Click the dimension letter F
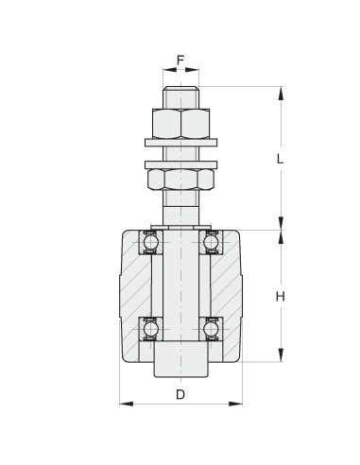(x=180, y=60)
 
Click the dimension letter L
(x=280, y=159)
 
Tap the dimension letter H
(x=281, y=297)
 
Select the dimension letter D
(x=180, y=394)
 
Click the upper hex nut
(x=180, y=124)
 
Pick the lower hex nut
(x=180, y=180)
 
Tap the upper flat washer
(x=180, y=143)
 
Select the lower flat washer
(x=180, y=164)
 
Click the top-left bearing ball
(x=151, y=242)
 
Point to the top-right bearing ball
(x=211, y=242)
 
